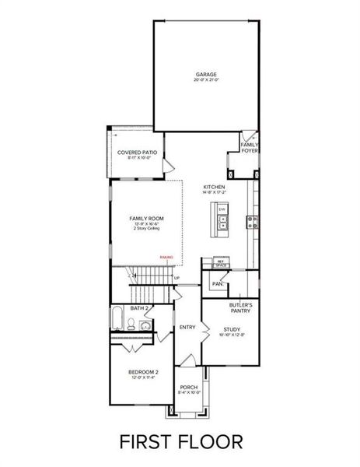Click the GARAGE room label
coord(206,75)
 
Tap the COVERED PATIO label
coord(137,153)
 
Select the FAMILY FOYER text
coord(250,147)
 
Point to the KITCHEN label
coord(215,188)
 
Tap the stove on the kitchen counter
coord(253,223)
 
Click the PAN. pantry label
coord(218,284)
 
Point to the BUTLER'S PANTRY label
coord(239,308)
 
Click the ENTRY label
coord(187,327)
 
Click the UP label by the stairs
coord(177,278)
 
